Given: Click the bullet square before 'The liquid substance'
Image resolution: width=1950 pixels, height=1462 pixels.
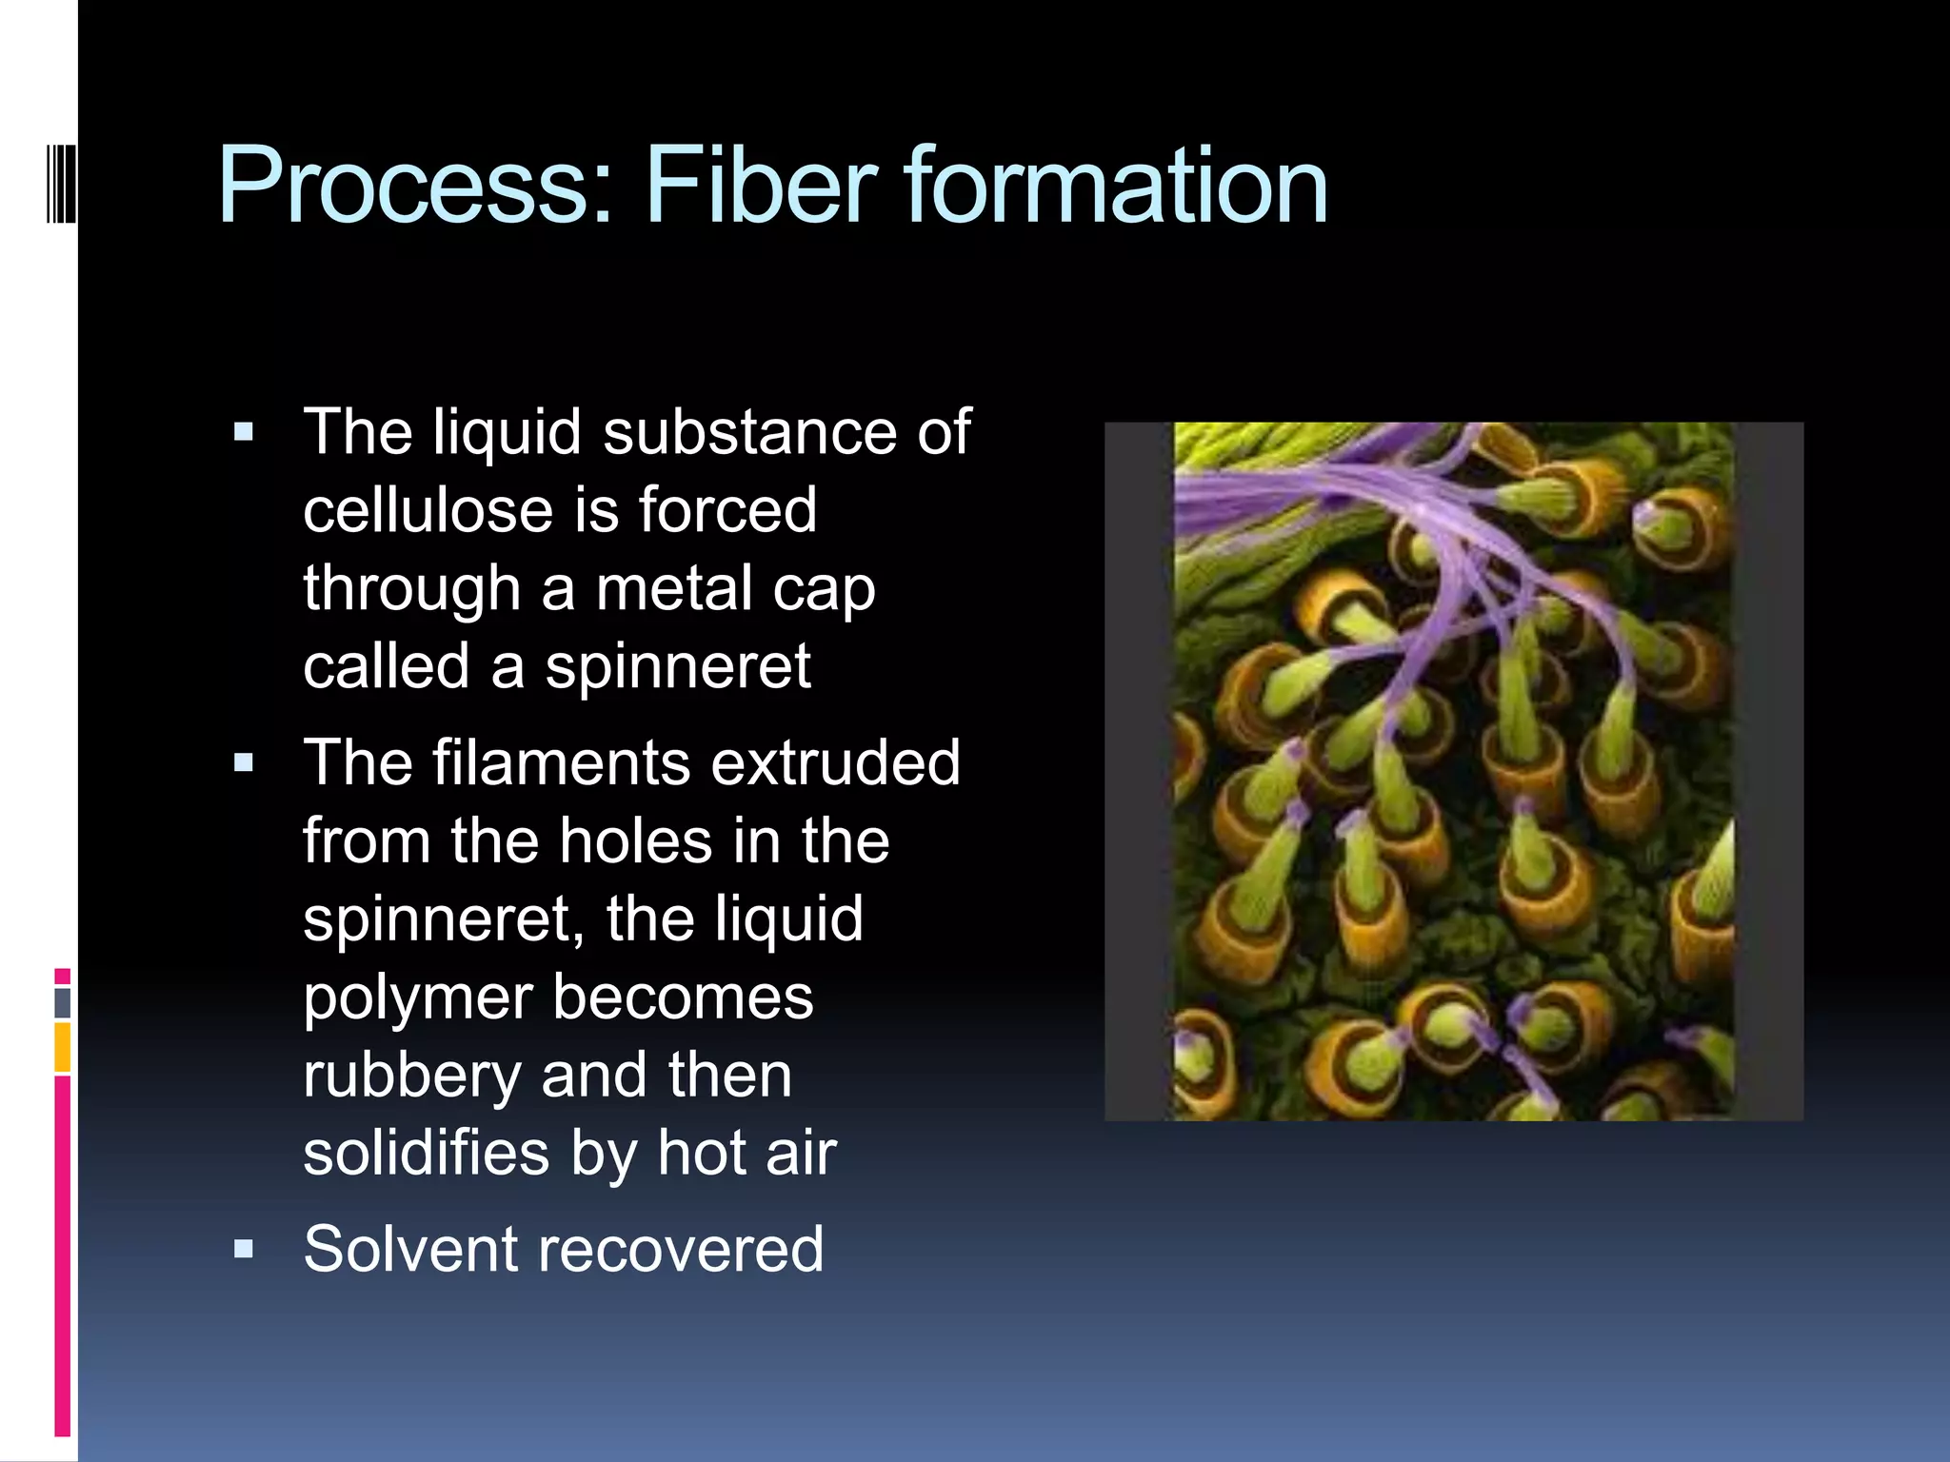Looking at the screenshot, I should (244, 433).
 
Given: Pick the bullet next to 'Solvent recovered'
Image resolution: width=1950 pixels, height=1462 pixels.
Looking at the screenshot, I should (244, 1249).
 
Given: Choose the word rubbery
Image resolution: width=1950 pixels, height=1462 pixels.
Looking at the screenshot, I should (412, 1076).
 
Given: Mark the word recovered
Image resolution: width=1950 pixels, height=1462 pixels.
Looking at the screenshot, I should (681, 1249).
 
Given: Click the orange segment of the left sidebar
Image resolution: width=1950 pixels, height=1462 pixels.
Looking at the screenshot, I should (62, 1047).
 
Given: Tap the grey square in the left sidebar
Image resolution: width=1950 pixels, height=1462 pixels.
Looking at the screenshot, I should (62, 1003).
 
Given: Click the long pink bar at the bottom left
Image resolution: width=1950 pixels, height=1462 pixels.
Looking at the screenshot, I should (62, 1256).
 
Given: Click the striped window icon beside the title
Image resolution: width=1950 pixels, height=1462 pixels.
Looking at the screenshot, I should (61, 181).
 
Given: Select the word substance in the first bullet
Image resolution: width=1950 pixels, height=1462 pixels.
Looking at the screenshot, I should (749, 433).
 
